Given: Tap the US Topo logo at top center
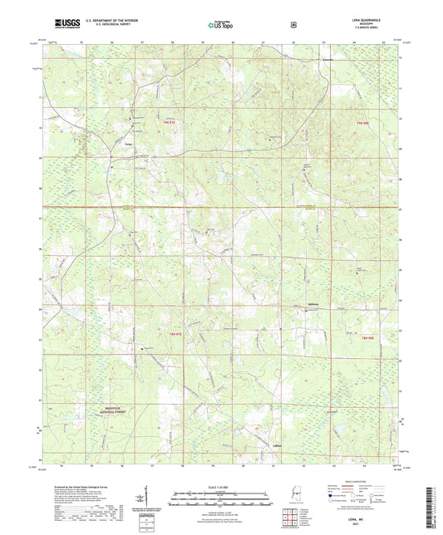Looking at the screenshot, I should pyautogui.click(x=220, y=25).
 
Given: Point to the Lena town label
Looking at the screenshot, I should pyautogui.click(x=128, y=144).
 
